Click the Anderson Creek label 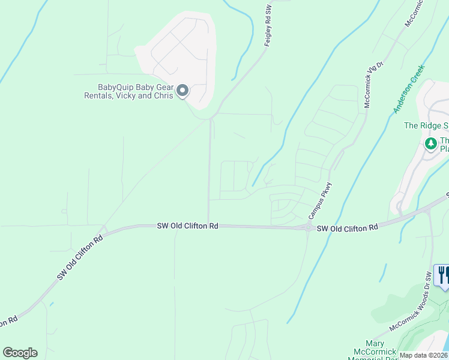tap(409, 89)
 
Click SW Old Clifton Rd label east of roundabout tap(348, 227)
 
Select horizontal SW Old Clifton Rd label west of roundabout tap(187, 226)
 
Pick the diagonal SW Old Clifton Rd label tap(80, 257)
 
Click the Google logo tap(20, 353)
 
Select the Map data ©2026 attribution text tap(424, 355)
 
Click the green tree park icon tap(430, 144)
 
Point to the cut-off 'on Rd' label tap(8, 322)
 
